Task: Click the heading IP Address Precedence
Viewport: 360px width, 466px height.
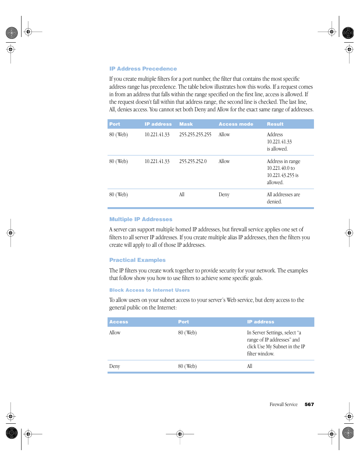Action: [143, 69]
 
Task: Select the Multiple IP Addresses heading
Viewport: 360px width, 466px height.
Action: [141, 219]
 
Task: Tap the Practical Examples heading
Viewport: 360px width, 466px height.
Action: [137, 260]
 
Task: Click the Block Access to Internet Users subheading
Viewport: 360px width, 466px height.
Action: [149, 290]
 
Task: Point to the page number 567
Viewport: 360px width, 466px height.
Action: [309, 404]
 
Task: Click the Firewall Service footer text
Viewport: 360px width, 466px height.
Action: [283, 404]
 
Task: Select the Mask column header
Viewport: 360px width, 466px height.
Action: [186, 124]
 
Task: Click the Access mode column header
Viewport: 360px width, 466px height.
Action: [236, 124]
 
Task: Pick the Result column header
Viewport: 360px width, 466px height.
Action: [275, 124]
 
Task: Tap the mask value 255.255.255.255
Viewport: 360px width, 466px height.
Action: [195, 135]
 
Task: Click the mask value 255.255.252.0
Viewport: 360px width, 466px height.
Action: [193, 161]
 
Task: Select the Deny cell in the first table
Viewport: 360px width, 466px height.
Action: [224, 195]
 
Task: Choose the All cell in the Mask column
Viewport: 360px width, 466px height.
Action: [182, 195]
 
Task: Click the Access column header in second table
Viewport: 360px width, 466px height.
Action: [119, 322]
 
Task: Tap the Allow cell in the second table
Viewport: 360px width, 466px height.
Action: [115, 333]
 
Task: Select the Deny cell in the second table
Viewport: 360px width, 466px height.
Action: [115, 366]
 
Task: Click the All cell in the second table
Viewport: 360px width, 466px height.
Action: [250, 366]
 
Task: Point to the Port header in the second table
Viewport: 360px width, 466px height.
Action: [183, 322]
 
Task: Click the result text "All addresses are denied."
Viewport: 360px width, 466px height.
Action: [283, 198]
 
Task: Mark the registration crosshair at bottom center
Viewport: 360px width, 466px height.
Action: [180, 434]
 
